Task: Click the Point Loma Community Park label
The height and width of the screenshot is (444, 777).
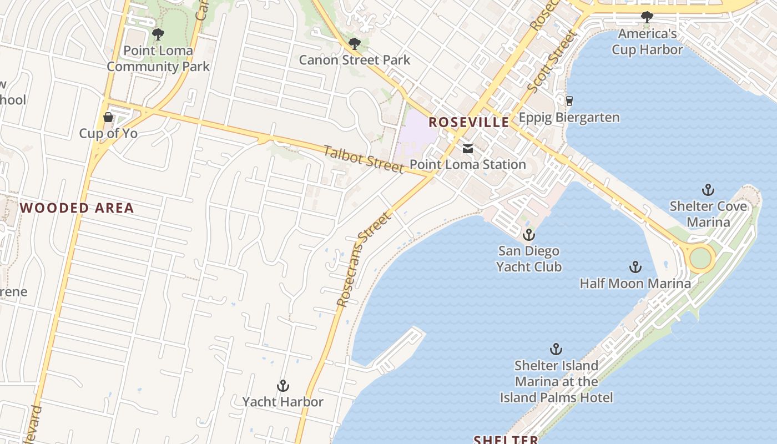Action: pyautogui.click(x=158, y=58)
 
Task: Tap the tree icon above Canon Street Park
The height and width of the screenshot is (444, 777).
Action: pyautogui.click(x=354, y=44)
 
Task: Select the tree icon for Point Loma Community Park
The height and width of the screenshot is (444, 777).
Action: pyautogui.click(x=158, y=34)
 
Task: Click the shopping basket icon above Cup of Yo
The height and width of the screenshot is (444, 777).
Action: pyautogui.click(x=108, y=117)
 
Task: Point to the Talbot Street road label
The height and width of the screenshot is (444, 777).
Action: pyautogui.click(x=364, y=159)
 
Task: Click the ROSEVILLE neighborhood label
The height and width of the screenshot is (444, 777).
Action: pyautogui.click(x=469, y=122)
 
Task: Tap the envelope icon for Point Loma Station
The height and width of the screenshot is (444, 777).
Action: pyautogui.click(x=468, y=148)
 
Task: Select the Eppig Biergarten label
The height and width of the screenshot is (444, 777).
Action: pyautogui.click(x=569, y=118)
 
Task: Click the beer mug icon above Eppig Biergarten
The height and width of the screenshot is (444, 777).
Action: pyautogui.click(x=569, y=101)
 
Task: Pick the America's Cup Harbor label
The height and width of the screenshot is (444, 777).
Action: pyautogui.click(x=647, y=42)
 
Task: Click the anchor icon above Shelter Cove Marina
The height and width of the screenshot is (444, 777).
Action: pyautogui.click(x=708, y=190)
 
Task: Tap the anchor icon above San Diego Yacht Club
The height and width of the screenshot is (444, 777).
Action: pyautogui.click(x=528, y=235)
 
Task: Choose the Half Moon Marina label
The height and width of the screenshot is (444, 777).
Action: pyautogui.click(x=635, y=284)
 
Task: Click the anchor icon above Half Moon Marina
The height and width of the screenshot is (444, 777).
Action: pyautogui.click(x=635, y=268)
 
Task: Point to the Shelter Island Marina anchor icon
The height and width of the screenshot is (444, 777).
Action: pyautogui.click(x=556, y=349)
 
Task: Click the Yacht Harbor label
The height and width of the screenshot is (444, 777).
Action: pyautogui.click(x=282, y=401)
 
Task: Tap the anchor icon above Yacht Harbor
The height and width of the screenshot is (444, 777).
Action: pyautogui.click(x=283, y=386)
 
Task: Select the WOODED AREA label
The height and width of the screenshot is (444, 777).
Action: pyautogui.click(x=77, y=208)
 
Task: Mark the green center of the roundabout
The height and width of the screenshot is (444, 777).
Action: pyautogui.click(x=700, y=258)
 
